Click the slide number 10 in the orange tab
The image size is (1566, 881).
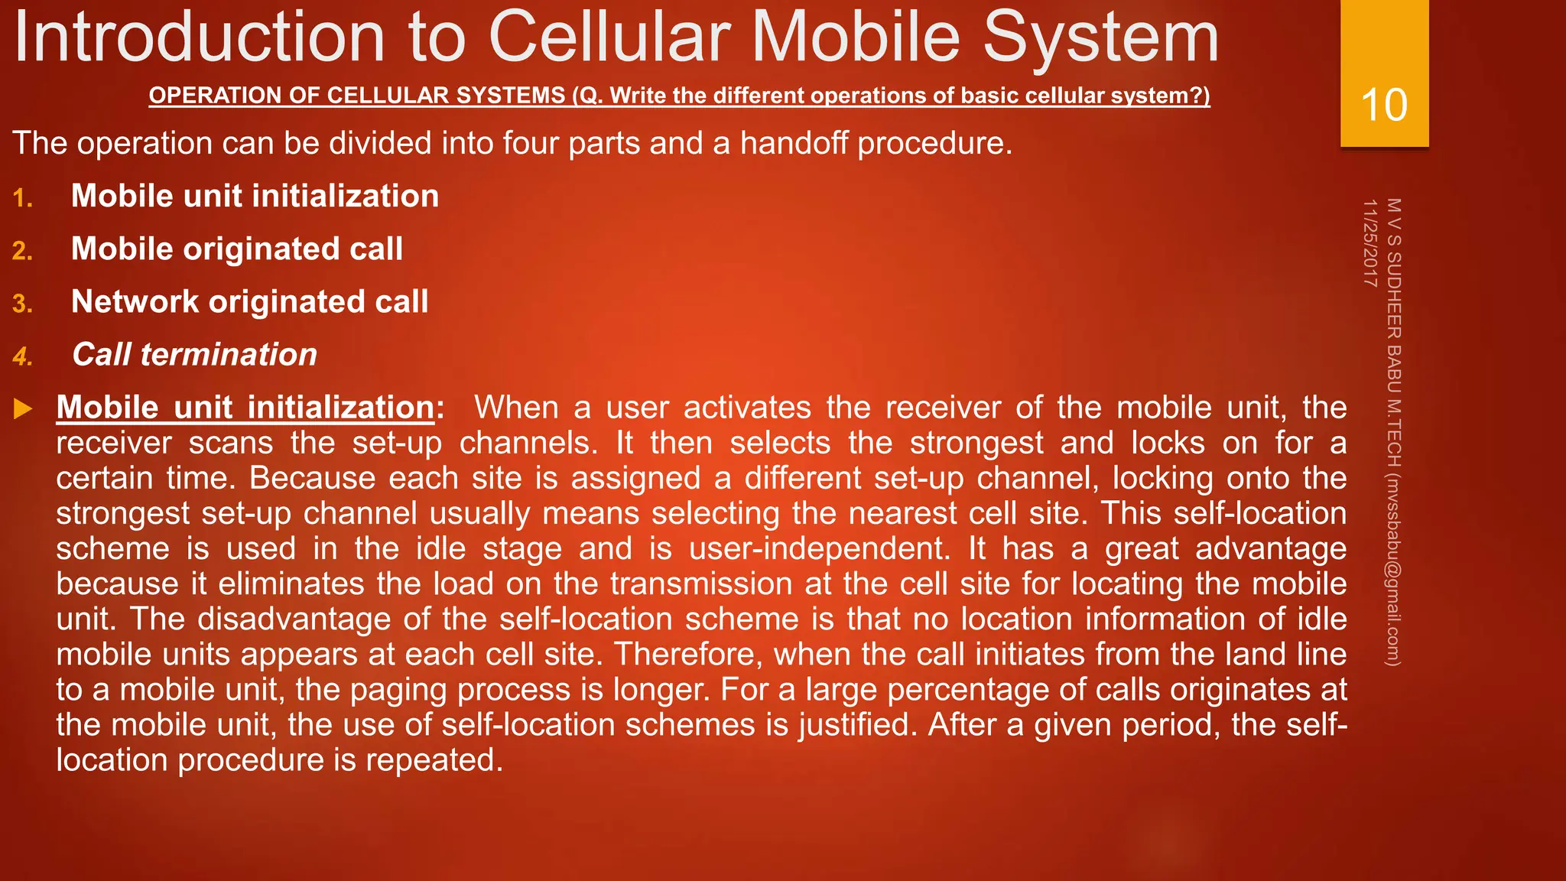point(1384,105)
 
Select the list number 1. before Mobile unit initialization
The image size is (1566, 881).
point(23,199)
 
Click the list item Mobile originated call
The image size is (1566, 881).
point(236,249)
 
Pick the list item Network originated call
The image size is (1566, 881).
point(249,302)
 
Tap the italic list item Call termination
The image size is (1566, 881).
point(194,355)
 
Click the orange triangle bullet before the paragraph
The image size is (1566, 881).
point(23,408)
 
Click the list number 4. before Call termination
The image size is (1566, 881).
point(23,357)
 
